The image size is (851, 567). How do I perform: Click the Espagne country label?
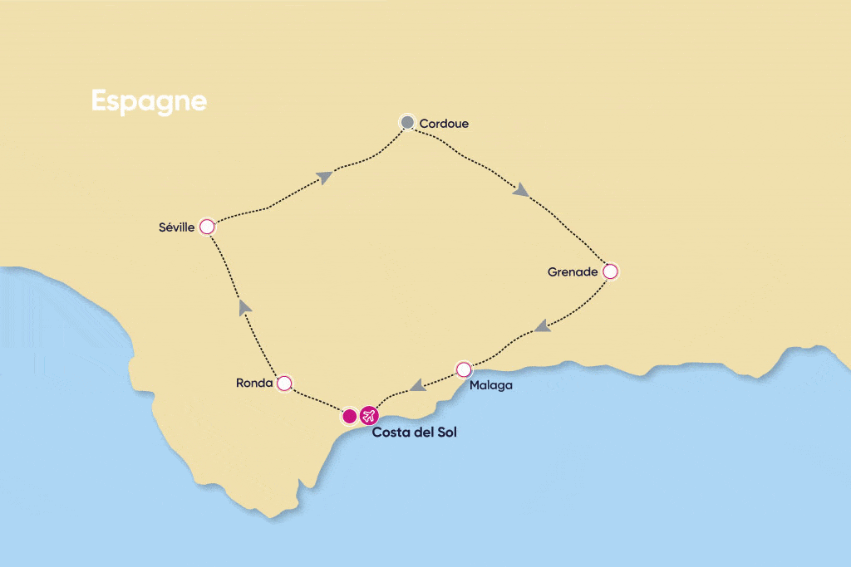[149, 100]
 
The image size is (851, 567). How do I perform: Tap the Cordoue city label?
[444, 124]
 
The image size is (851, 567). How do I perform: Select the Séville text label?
[175, 227]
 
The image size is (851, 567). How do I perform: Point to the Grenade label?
[573, 271]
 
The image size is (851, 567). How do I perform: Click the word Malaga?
[490, 385]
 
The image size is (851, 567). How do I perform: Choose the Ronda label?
[254, 384]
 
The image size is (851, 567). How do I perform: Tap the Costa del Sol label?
[414, 433]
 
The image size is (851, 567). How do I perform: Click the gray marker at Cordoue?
[407, 123]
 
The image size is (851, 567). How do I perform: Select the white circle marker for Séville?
[207, 227]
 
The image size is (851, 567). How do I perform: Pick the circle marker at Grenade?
[610, 271]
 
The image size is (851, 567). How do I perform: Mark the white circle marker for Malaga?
[464, 369]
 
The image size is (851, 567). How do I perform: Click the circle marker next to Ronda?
[284, 383]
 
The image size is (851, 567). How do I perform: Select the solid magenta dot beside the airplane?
[350, 415]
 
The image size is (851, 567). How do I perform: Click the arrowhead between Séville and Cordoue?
[325, 176]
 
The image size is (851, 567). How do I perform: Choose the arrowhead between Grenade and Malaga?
[542, 326]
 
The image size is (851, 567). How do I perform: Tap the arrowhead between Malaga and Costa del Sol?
[418, 384]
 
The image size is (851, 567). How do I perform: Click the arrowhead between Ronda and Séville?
[244, 307]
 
